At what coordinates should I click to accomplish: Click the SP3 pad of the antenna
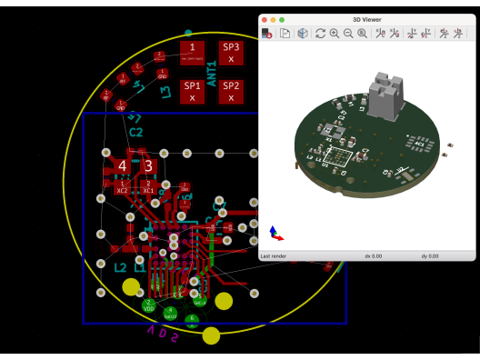click(232, 53)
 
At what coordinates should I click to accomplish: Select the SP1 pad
click(193, 91)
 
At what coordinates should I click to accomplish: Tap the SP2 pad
click(232, 91)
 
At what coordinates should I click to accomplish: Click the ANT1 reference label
click(212, 73)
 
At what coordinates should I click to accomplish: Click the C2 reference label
click(136, 133)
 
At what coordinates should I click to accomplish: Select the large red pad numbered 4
click(122, 166)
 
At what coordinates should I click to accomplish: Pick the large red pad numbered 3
click(148, 166)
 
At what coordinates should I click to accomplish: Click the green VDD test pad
click(149, 305)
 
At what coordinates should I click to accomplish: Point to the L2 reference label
click(120, 268)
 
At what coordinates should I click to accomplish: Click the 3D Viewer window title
click(368, 18)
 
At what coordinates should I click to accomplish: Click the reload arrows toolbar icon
click(320, 34)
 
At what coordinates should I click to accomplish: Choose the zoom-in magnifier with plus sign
click(335, 34)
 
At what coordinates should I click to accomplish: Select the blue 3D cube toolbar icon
click(302, 34)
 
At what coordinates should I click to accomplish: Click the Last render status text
click(275, 256)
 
